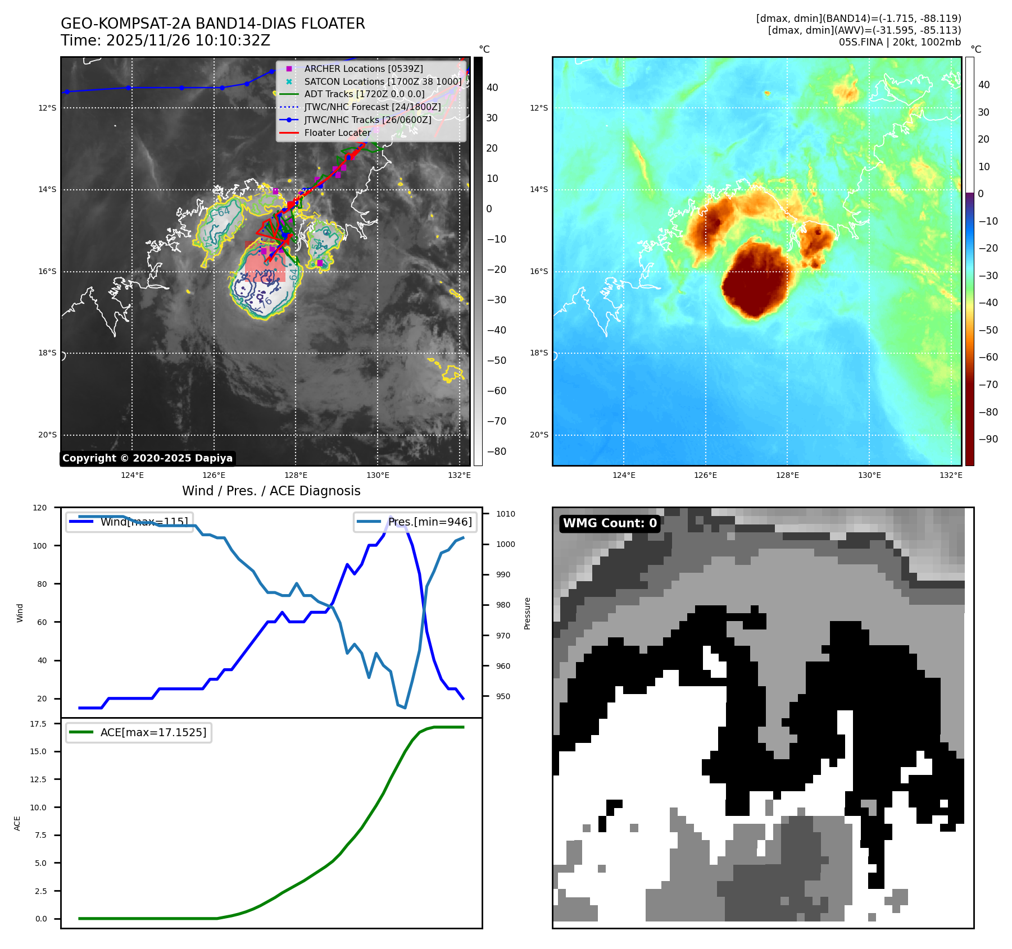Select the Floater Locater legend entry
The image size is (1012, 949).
click(337, 133)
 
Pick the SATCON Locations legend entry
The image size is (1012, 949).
click(383, 81)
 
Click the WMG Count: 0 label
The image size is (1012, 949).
click(610, 523)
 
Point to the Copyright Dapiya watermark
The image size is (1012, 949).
click(147, 458)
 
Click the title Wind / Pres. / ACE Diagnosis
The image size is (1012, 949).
click(271, 491)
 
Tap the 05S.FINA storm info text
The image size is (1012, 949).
click(900, 42)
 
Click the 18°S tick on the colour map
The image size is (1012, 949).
click(539, 353)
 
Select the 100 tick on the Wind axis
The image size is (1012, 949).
click(42, 546)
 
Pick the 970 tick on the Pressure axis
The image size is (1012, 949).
click(503, 636)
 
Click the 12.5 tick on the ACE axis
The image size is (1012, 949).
click(38, 779)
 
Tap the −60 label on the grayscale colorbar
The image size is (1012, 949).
click(496, 391)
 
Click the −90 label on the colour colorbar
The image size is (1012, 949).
click(988, 439)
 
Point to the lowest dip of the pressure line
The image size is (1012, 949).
click(405, 708)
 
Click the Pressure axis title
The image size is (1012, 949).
click(527, 613)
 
